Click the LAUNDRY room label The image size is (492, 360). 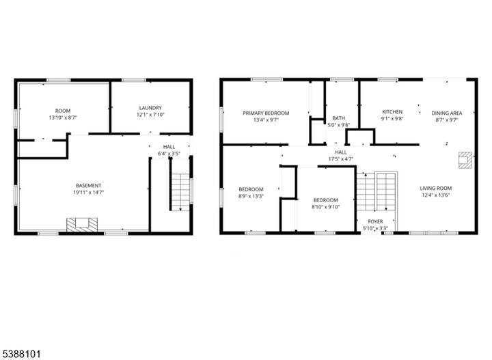pos(150,108)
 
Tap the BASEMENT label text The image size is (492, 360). pos(88,186)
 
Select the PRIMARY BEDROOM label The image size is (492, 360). pos(266,113)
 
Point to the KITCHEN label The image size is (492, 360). pos(392,112)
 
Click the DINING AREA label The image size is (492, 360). pos(447,113)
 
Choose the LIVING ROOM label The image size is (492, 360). pos(436,188)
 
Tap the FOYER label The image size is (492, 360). pos(375,221)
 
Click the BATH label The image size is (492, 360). pos(338,118)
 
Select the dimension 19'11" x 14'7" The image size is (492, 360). pos(88,192)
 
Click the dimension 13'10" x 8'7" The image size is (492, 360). pos(63,117)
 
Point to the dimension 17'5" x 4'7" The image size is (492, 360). pos(341,159)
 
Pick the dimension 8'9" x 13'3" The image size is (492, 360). pos(251,196)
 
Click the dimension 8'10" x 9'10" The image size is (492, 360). pos(326,207)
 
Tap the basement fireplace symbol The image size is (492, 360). pos(82,225)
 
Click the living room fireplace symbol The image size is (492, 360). pos(465,160)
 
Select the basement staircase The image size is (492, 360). pos(180,192)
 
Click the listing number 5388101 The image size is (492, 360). pos(20,355)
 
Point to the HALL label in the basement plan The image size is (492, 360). pos(169,147)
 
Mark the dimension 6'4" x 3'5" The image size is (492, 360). pos(169,154)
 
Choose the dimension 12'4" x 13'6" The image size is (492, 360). pos(436,195)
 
